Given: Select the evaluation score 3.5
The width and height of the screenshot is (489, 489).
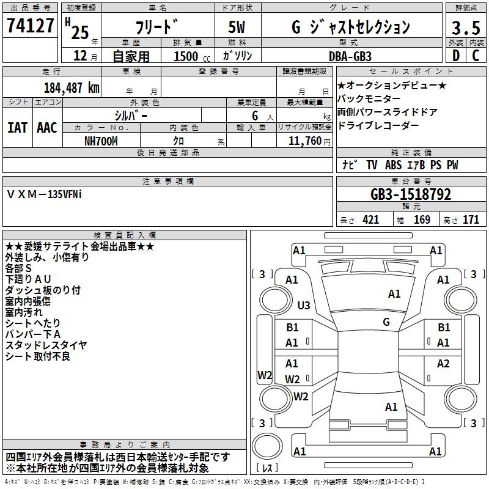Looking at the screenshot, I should coord(465,28).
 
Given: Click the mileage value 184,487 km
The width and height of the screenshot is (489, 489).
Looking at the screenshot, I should coord(72,87).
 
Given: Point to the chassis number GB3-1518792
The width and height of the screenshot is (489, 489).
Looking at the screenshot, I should coord(411,194).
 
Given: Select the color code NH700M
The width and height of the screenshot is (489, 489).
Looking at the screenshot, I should coord(101,141).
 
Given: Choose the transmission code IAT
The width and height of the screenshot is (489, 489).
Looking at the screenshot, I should coord(17,127).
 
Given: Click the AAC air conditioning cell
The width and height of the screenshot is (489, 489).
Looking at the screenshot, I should coord(47,127).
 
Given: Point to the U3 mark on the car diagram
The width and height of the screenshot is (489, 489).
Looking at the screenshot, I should coord(303,305).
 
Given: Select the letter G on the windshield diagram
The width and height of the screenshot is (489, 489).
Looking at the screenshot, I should coord(386,322).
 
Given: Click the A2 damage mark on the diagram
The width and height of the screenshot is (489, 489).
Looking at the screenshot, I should coord(443,364).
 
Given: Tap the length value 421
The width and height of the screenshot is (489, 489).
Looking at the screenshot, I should coord(370,220).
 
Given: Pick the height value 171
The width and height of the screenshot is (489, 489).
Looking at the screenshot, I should coord(471,220).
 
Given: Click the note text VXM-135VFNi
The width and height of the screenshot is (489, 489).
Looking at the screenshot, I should coord(44,193).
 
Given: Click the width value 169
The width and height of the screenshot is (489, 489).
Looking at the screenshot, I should coord(422,220).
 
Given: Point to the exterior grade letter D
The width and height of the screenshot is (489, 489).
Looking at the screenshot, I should coord(455,56).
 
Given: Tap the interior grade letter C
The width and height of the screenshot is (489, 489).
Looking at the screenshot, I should coord(476,56).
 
